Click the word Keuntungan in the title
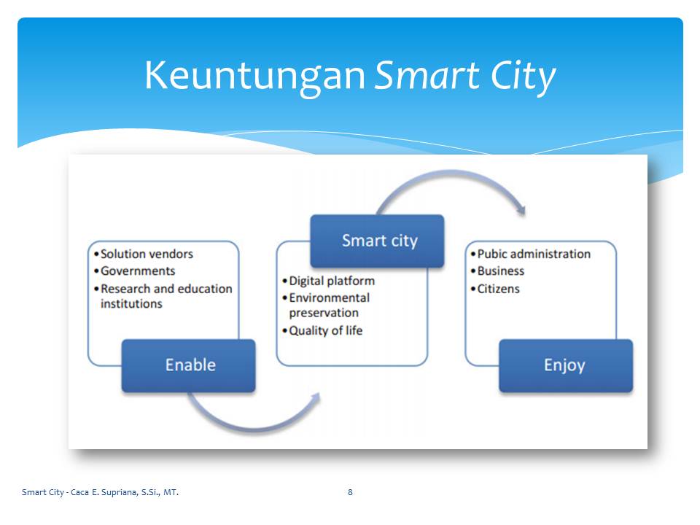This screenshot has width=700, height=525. (x=255, y=75)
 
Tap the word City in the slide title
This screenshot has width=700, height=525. (x=523, y=76)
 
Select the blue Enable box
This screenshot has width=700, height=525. (x=188, y=365)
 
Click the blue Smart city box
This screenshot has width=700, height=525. (x=377, y=241)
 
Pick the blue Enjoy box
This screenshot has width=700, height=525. (x=566, y=365)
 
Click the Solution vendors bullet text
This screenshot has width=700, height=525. (x=147, y=254)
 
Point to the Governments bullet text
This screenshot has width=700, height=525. (x=138, y=271)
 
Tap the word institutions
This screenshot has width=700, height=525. (x=131, y=303)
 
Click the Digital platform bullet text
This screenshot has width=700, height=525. (x=332, y=281)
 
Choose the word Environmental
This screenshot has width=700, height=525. (x=330, y=297)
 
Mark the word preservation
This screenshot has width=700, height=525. (x=324, y=313)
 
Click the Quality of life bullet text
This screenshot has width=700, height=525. (x=326, y=331)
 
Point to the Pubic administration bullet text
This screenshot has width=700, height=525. (x=534, y=254)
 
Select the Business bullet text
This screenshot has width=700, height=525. (x=501, y=271)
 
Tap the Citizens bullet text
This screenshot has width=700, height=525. (x=499, y=289)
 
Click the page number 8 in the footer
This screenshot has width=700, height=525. (x=350, y=492)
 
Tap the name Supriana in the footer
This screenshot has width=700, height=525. (x=119, y=492)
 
